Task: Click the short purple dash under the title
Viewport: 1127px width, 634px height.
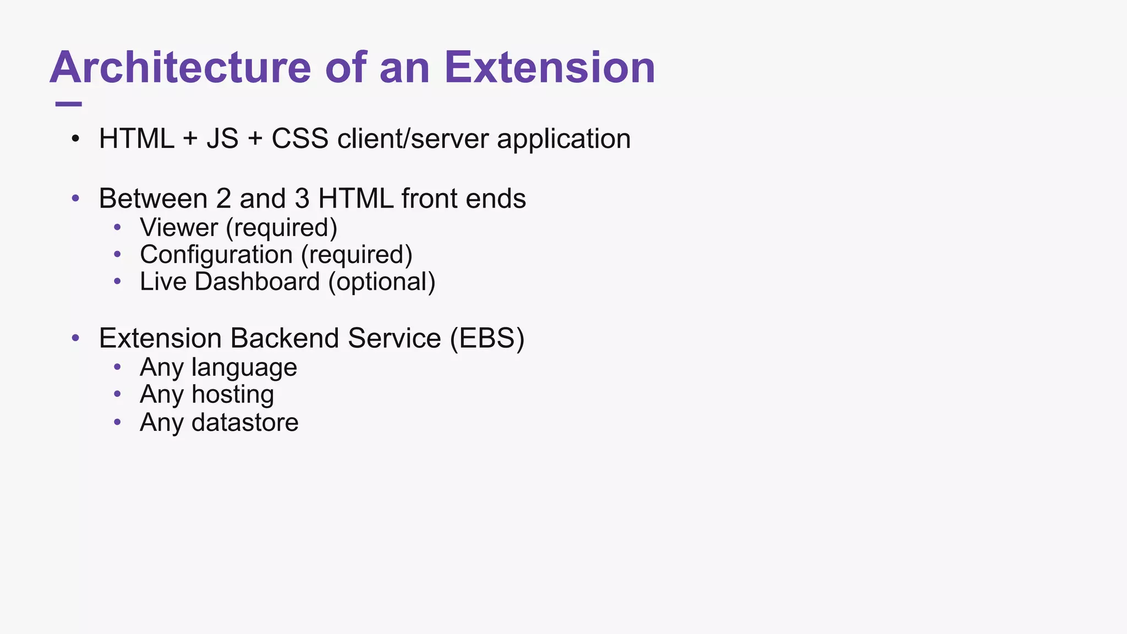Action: pyautogui.click(x=69, y=104)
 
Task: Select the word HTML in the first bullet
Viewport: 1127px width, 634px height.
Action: pyautogui.click(x=136, y=139)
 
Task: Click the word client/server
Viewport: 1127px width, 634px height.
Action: pyautogui.click(x=413, y=139)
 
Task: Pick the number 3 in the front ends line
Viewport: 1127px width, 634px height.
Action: pyautogui.click(x=302, y=199)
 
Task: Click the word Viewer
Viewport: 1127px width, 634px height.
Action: pyautogui.click(x=179, y=228)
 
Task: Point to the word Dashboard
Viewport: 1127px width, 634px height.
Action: pyautogui.click(x=257, y=282)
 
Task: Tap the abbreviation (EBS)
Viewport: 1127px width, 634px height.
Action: pyautogui.click(x=487, y=338)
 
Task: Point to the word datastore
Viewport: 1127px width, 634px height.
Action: pyautogui.click(x=245, y=423)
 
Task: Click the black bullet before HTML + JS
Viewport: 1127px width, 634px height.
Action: pyautogui.click(x=76, y=139)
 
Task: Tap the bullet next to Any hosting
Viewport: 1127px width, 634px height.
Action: pyautogui.click(x=117, y=394)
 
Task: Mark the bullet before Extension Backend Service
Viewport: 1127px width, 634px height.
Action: pyautogui.click(x=76, y=338)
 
